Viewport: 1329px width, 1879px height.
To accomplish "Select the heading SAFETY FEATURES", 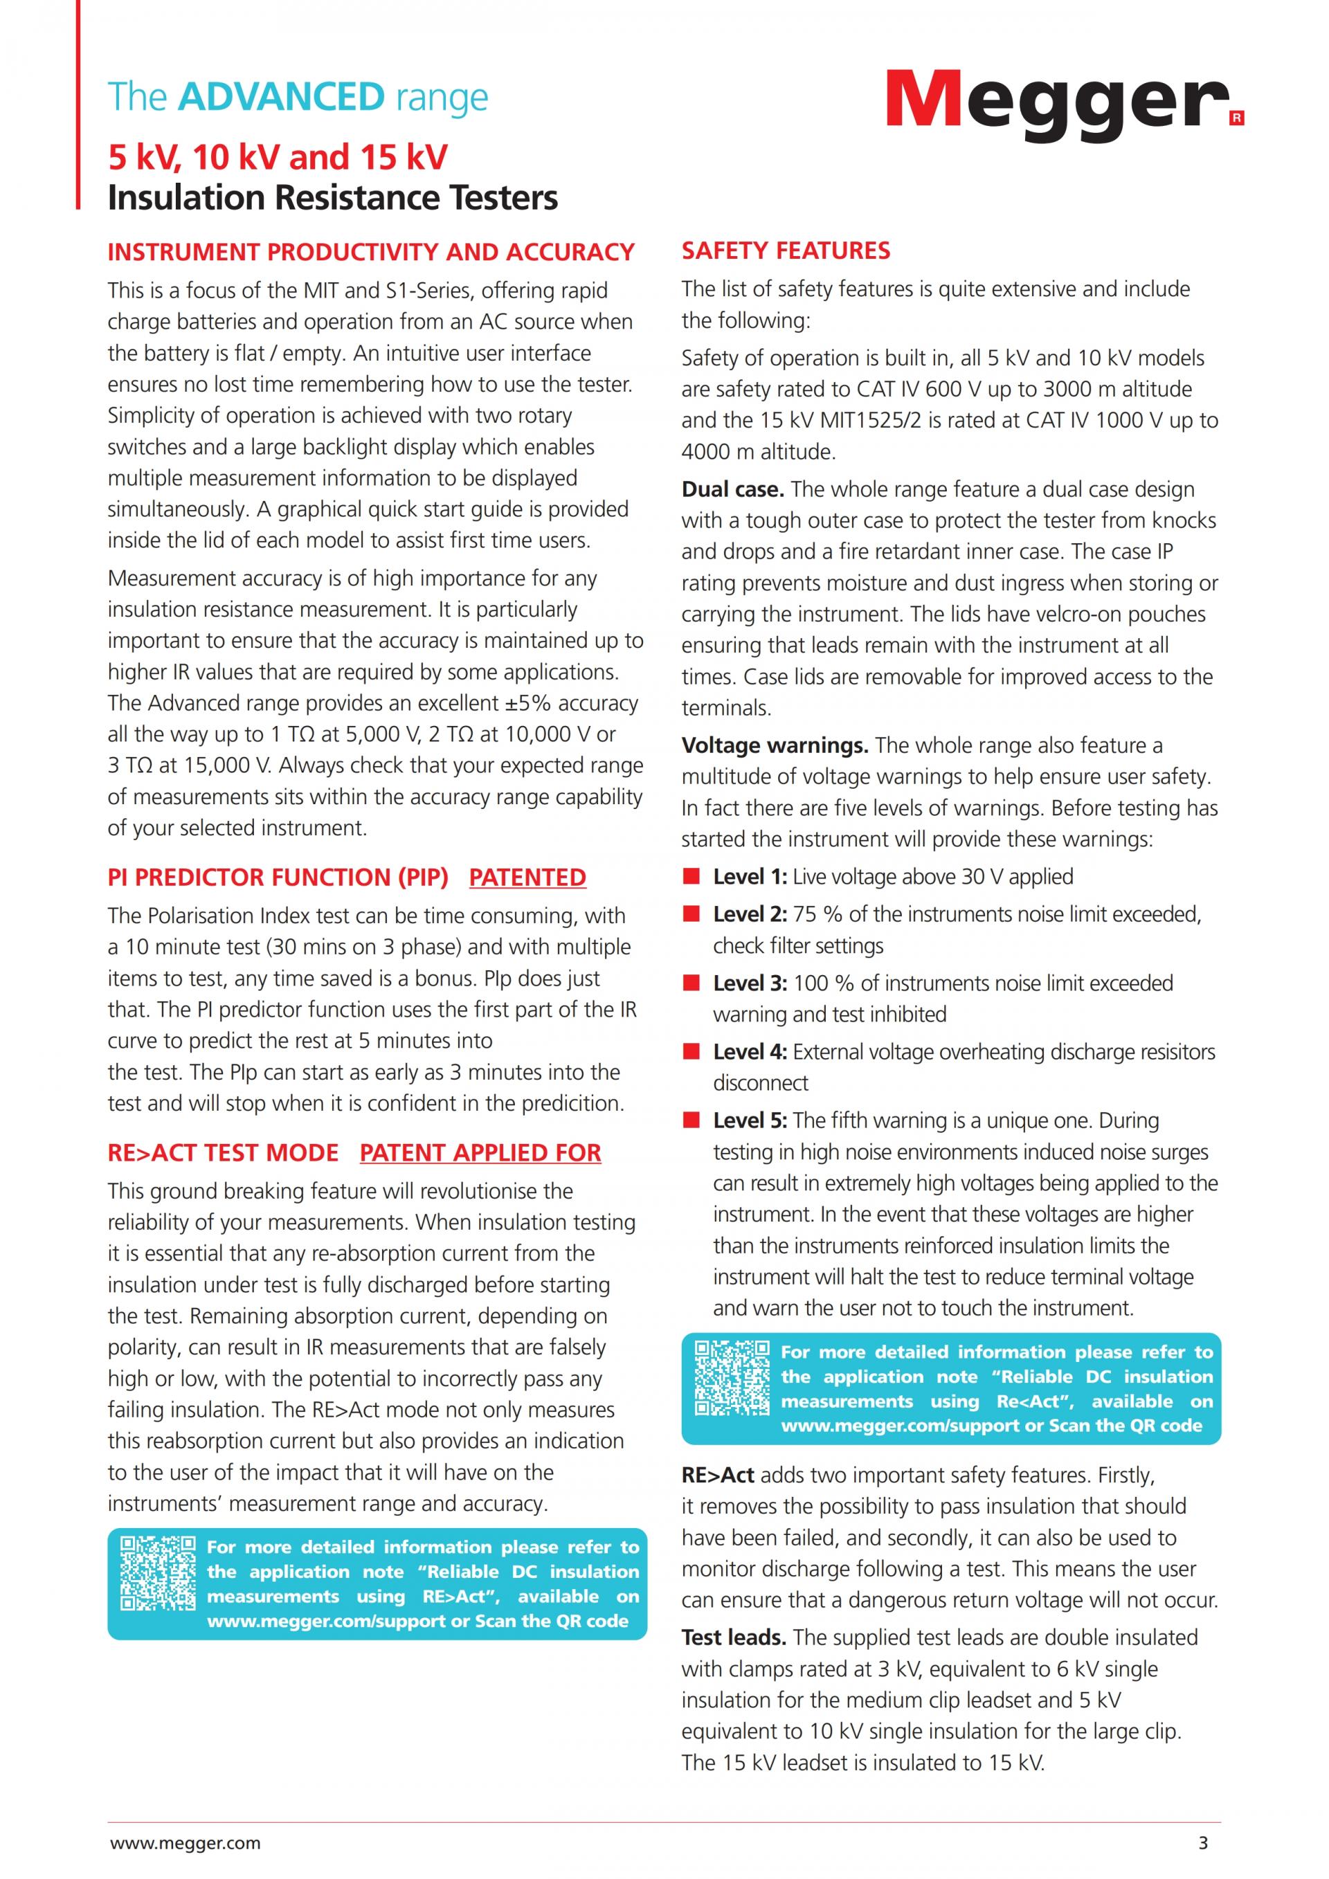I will point(786,251).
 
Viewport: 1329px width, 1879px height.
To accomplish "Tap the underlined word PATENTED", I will point(527,878).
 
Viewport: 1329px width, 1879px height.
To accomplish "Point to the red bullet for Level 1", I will point(692,876).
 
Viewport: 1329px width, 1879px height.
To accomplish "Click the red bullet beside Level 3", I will point(692,983).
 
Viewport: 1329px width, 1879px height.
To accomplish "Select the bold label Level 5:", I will point(750,1120).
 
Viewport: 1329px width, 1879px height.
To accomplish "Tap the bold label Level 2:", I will point(750,914).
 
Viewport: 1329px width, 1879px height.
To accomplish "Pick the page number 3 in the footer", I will point(1203,1843).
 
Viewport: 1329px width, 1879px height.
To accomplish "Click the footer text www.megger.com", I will point(185,1843).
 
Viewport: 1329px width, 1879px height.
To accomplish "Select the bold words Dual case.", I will point(732,489).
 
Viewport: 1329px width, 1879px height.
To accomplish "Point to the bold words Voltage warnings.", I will point(774,745).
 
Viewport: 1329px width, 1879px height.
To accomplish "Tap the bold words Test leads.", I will point(734,1637).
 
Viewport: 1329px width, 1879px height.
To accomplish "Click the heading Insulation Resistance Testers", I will point(332,198).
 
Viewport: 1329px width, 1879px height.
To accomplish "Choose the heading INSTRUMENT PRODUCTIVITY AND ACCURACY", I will point(371,252).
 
